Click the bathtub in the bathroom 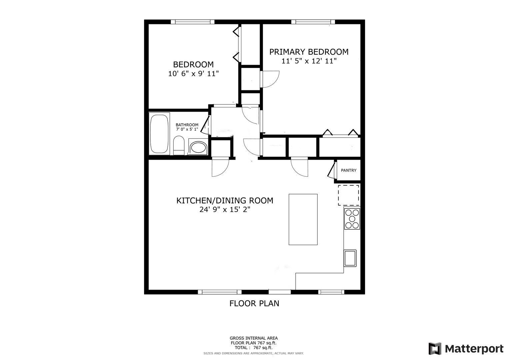click(x=159, y=134)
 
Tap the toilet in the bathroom click(x=179, y=145)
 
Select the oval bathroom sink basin click(x=198, y=148)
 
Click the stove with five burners click(x=352, y=219)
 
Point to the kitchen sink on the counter click(x=350, y=258)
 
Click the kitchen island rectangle click(x=303, y=219)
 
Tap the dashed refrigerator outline click(x=349, y=195)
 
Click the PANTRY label click(x=349, y=170)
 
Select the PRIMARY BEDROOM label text click(x=309, y=52)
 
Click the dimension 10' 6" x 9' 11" click(x=193, y=74)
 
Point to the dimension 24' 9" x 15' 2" click(x=225, y=209)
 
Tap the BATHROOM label click(x=187, y=125)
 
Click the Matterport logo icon click(x=435, y=348)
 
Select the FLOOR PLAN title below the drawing click(x=254, y=303)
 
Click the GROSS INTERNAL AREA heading click(x=254, y=338)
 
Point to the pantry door click(x=331, y=170)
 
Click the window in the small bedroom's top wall click(x=192, y=22)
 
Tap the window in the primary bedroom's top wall click(x=313, y=22)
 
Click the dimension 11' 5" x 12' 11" click(x=309, y=61)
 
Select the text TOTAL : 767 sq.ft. click(x=254, y=348)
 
